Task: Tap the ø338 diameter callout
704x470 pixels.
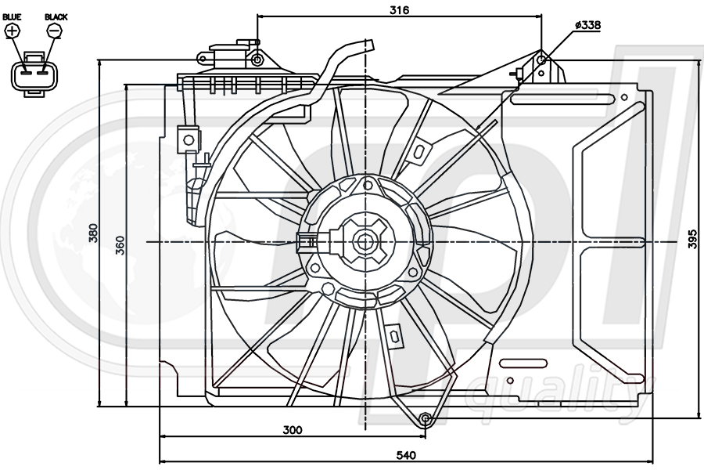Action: (x=587, y=26)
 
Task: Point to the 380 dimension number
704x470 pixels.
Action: (x=93, y=233)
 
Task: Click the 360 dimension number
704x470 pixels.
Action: (x=120, y=245)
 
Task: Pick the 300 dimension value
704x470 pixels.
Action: (x=292, y=429)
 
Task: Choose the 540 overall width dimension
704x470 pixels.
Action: (x=406, y=454)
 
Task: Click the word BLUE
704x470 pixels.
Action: (x=12, y=16)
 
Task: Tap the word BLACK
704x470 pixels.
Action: (x=56, y=16)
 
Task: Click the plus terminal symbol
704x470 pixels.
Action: (x=13, y=31)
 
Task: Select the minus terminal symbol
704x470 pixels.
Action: (x=55, y=31)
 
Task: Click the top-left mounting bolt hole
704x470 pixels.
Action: (x=257, y=60)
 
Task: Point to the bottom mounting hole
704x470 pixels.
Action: (x=425, y=418)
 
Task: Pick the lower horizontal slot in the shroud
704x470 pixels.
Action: (x=523, y=363)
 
